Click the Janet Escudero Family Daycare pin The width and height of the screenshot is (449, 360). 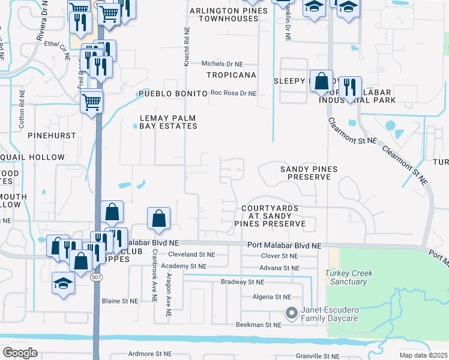pos(292,313)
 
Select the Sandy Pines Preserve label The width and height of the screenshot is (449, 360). pos(309,173)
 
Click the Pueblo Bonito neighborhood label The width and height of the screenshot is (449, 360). pos(167,94)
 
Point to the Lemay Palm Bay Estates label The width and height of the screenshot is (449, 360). pos(168,122)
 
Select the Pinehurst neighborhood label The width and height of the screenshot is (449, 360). pos(50,136)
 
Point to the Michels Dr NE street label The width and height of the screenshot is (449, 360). pos(222,64)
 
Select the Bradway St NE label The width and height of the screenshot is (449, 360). pos(243,282)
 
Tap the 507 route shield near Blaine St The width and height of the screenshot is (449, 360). pos(95,278)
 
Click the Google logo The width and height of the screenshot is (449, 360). pos(20,353)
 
